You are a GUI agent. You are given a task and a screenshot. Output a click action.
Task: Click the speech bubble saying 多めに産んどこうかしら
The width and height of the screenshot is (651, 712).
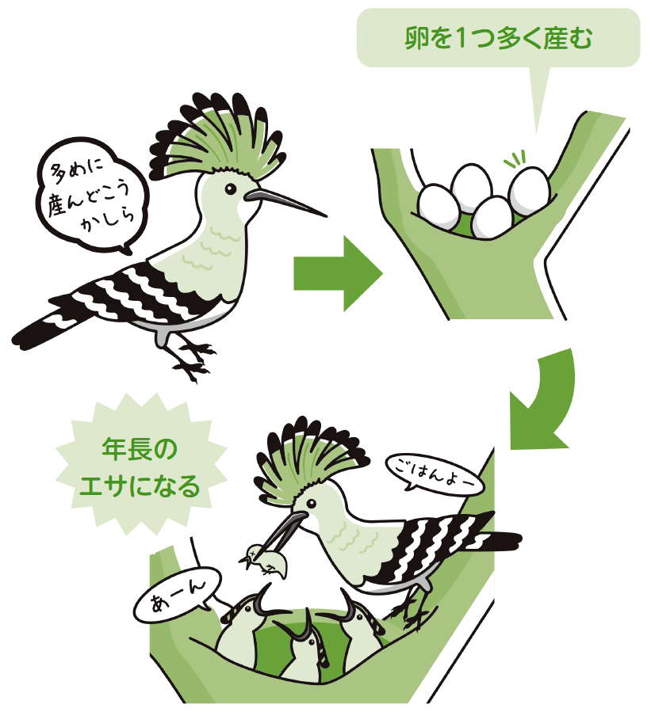click(92, 196)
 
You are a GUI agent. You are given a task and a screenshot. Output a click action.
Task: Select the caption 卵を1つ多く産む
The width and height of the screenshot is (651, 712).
click(498, 38)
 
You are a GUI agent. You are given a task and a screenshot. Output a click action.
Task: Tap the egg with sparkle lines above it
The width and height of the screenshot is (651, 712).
click(530, 191)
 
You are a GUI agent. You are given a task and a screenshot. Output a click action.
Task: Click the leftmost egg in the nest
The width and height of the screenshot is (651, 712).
click(438, 207)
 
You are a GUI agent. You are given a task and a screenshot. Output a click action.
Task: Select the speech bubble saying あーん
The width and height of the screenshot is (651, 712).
click(178, 595)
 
